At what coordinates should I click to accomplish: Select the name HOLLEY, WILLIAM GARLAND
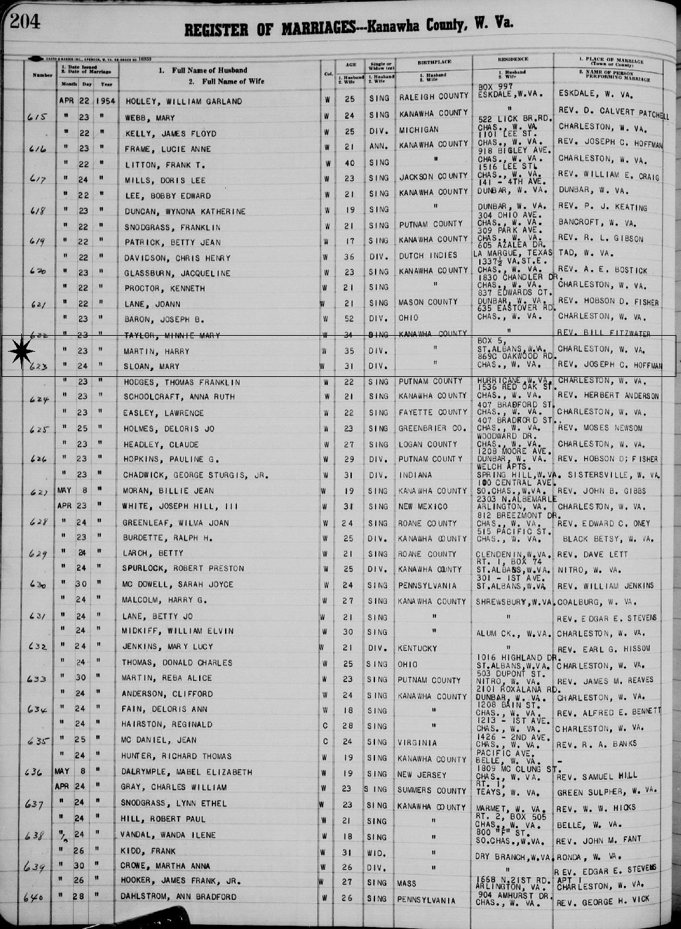[180, 102]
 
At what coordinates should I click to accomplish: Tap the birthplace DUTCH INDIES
[428, 255]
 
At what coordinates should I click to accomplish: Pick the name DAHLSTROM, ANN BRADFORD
[179, 897]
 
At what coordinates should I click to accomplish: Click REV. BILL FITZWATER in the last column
[603, 333]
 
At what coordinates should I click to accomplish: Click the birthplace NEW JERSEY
[422, 774]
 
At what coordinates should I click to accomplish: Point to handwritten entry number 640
[33, 898]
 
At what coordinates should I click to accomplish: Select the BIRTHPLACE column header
[435, 62]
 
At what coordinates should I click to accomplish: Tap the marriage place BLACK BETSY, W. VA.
[608, 539]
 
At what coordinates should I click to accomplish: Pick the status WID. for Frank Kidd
[378, 851]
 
